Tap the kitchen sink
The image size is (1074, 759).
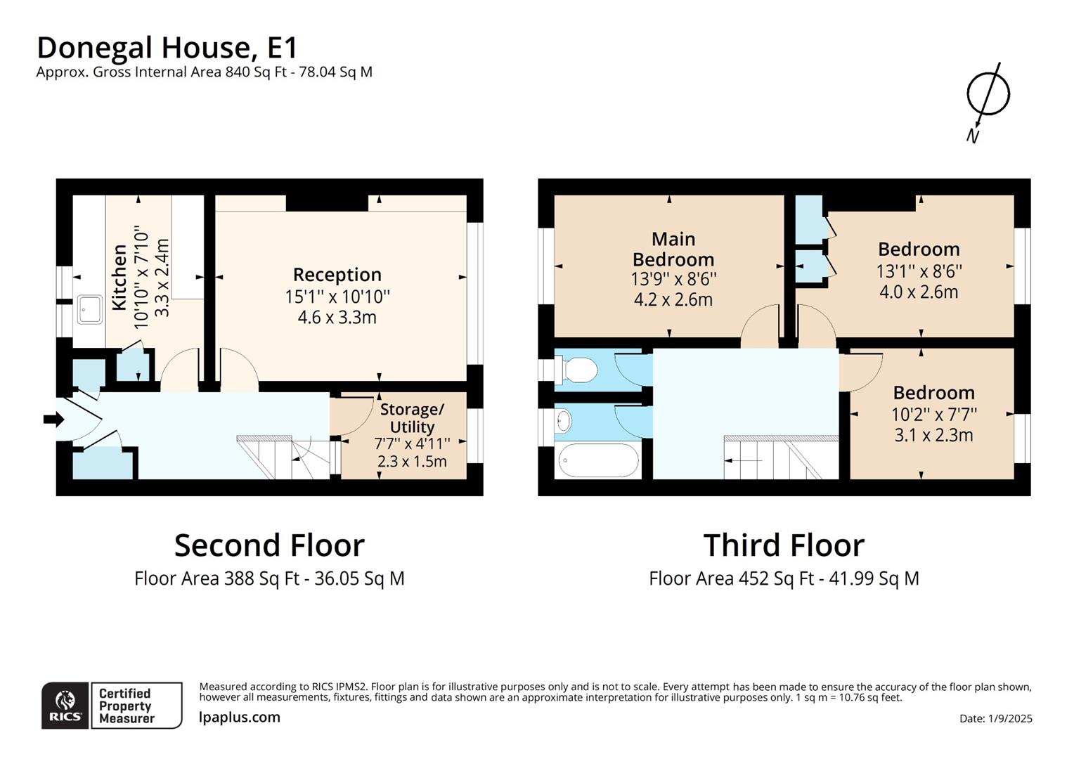click(90, 310)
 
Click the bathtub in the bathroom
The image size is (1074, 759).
click(598, 461)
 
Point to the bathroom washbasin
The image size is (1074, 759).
click(563, 421)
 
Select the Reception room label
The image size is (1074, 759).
click(337, 275)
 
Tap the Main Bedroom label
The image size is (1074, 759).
click(673, 249)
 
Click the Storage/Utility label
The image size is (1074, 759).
click(412, 418)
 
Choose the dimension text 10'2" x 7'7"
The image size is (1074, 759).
click(933, 414)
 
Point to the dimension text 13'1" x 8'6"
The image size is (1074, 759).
click(919, 271)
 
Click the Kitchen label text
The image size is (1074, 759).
click(120, 277)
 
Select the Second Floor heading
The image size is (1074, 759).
click(269, 545)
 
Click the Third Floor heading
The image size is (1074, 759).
click(784, 545)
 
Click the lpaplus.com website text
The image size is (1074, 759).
click(240, 718)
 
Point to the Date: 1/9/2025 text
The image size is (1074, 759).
click(995, 718)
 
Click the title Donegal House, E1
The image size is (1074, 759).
click(167, 48)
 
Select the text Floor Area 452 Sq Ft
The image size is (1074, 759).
click(731, 578)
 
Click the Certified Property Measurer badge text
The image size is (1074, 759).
click(127, 706)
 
